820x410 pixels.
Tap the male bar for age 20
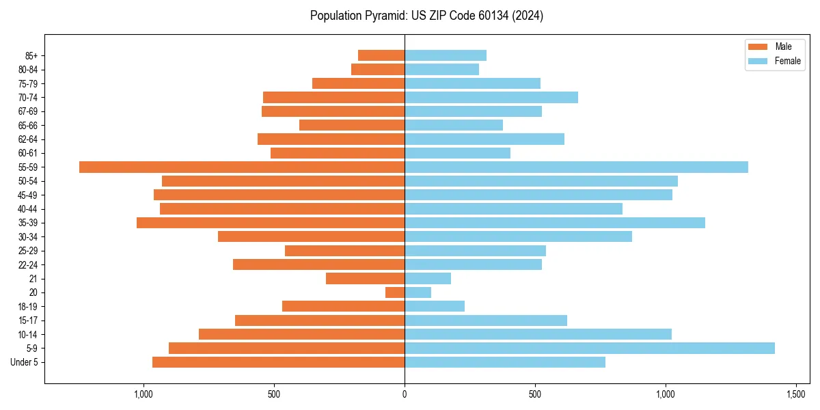[395, 292]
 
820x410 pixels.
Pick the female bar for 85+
[446, 55]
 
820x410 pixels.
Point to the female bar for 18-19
[435, 306]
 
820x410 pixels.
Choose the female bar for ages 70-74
[491, 97]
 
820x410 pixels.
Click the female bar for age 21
[428, 278]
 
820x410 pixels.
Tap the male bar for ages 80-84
[378, 69]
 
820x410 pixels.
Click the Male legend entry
[783, 46]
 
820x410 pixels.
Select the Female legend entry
[787, 61]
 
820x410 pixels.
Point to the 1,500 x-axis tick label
[796, 394]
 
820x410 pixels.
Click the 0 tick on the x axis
[405, 394]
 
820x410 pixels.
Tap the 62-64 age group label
[28, 139]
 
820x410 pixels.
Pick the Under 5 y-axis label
[24, 362]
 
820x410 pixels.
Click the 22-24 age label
[28, 264]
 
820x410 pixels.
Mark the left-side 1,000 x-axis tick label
[143, 394]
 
